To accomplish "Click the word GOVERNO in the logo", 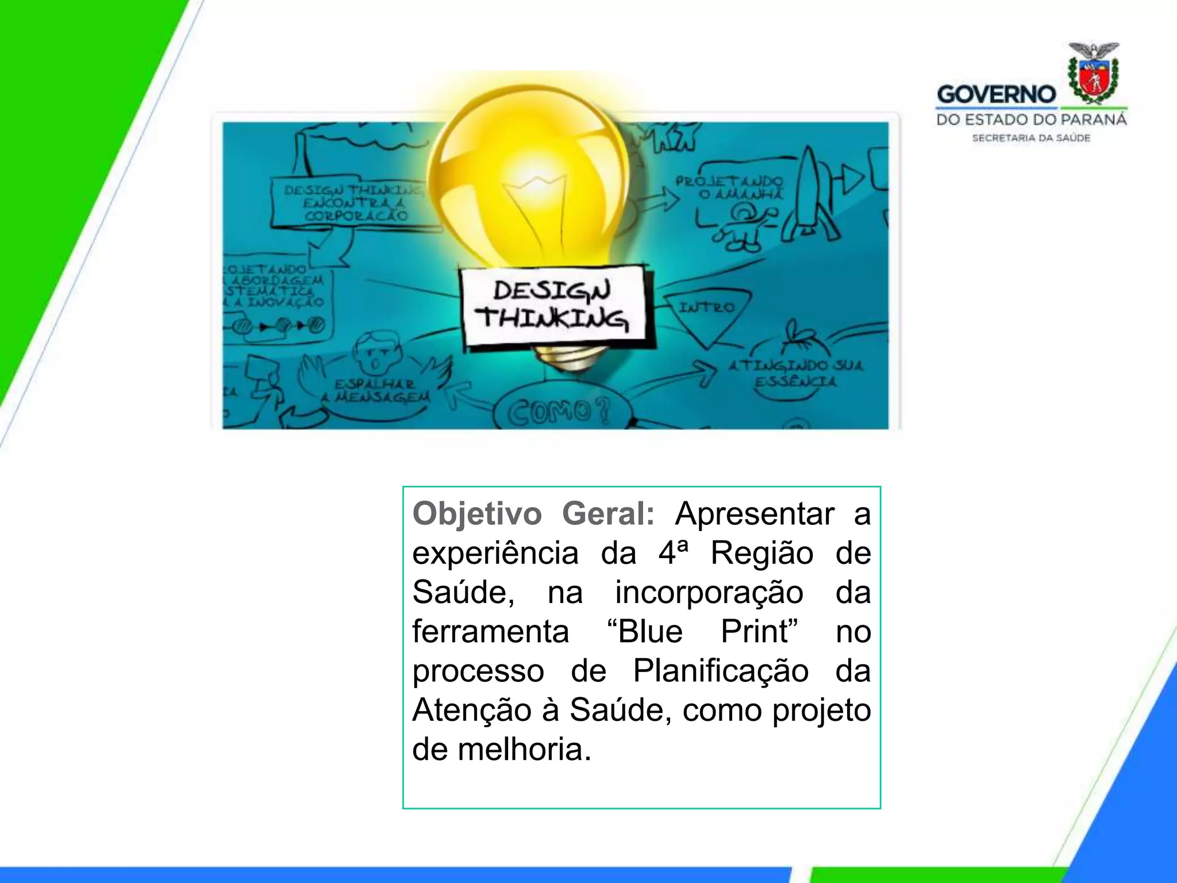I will click(x=996, y=95).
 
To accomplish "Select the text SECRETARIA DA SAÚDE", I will click(x=1031, y=138).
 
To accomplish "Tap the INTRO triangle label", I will click(x=706, y=308).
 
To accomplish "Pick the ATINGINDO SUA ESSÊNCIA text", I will click(x=795, y=373).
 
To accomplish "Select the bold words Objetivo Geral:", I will click(x=533, y=513).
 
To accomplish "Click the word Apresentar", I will click(x=754, y=513).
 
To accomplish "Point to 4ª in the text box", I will click(x=673, y=553).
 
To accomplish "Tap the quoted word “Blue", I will click(x=645, y=632).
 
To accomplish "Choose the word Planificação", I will click(x=721, y=671).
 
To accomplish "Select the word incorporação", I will click(x=709, y=593).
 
